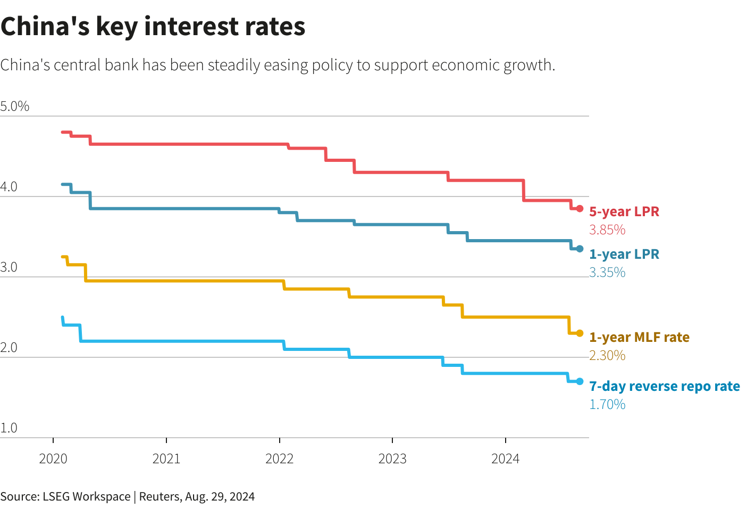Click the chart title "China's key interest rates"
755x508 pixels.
click(153, 27)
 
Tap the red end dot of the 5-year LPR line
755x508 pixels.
click(580, 209)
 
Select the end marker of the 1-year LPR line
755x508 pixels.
click(580, 249)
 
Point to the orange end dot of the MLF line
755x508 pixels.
click(580, 333)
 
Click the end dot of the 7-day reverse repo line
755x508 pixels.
click(580, 381)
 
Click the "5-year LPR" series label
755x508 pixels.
click(624, 211)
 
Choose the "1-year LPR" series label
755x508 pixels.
click(624, 254)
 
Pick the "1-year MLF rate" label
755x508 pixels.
click(639, 337)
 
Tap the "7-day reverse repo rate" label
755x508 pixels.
click(665, 386)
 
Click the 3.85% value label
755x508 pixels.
click(607, 230)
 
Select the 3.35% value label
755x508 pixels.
click(607, 272)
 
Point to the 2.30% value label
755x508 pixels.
click(607, 355)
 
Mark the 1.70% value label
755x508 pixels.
click(607, 404)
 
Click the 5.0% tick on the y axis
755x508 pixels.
click(15, 106)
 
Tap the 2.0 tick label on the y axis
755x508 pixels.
click(9, 348)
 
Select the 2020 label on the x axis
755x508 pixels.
click(53, 458)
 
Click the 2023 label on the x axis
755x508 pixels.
click(392, 458)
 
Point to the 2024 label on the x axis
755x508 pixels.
click(505, 458)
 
